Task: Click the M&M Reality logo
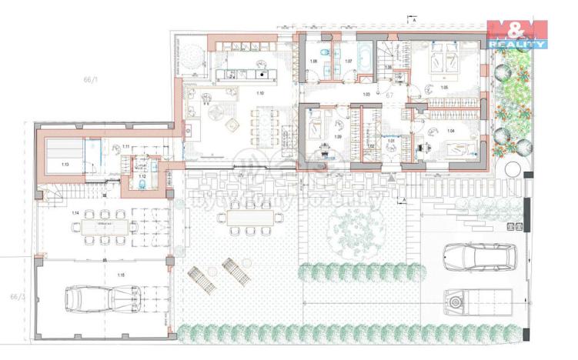click(518, 35)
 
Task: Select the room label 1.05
click(444, 88)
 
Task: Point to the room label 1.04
click(450, 132)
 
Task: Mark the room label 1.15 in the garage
click(100, 275)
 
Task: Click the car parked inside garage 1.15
click(99, 298)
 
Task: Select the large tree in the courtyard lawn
click(352, 228)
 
